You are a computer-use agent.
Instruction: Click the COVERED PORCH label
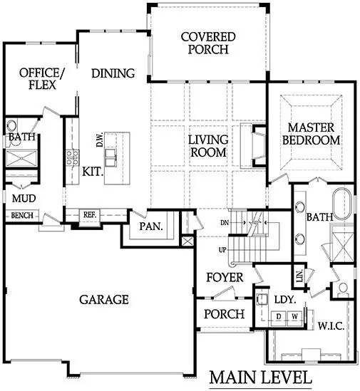pos(204,43)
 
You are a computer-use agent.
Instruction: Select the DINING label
pos(113,73)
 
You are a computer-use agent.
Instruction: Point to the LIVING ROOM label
pos(207,145)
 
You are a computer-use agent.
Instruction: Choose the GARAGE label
pos(103,299)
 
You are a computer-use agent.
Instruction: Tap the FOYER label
pos(225,277)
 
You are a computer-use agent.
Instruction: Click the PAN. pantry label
pos(150,228)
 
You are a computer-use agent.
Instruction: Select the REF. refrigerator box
pos(89,213)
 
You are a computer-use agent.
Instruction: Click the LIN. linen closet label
pos(298,274)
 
